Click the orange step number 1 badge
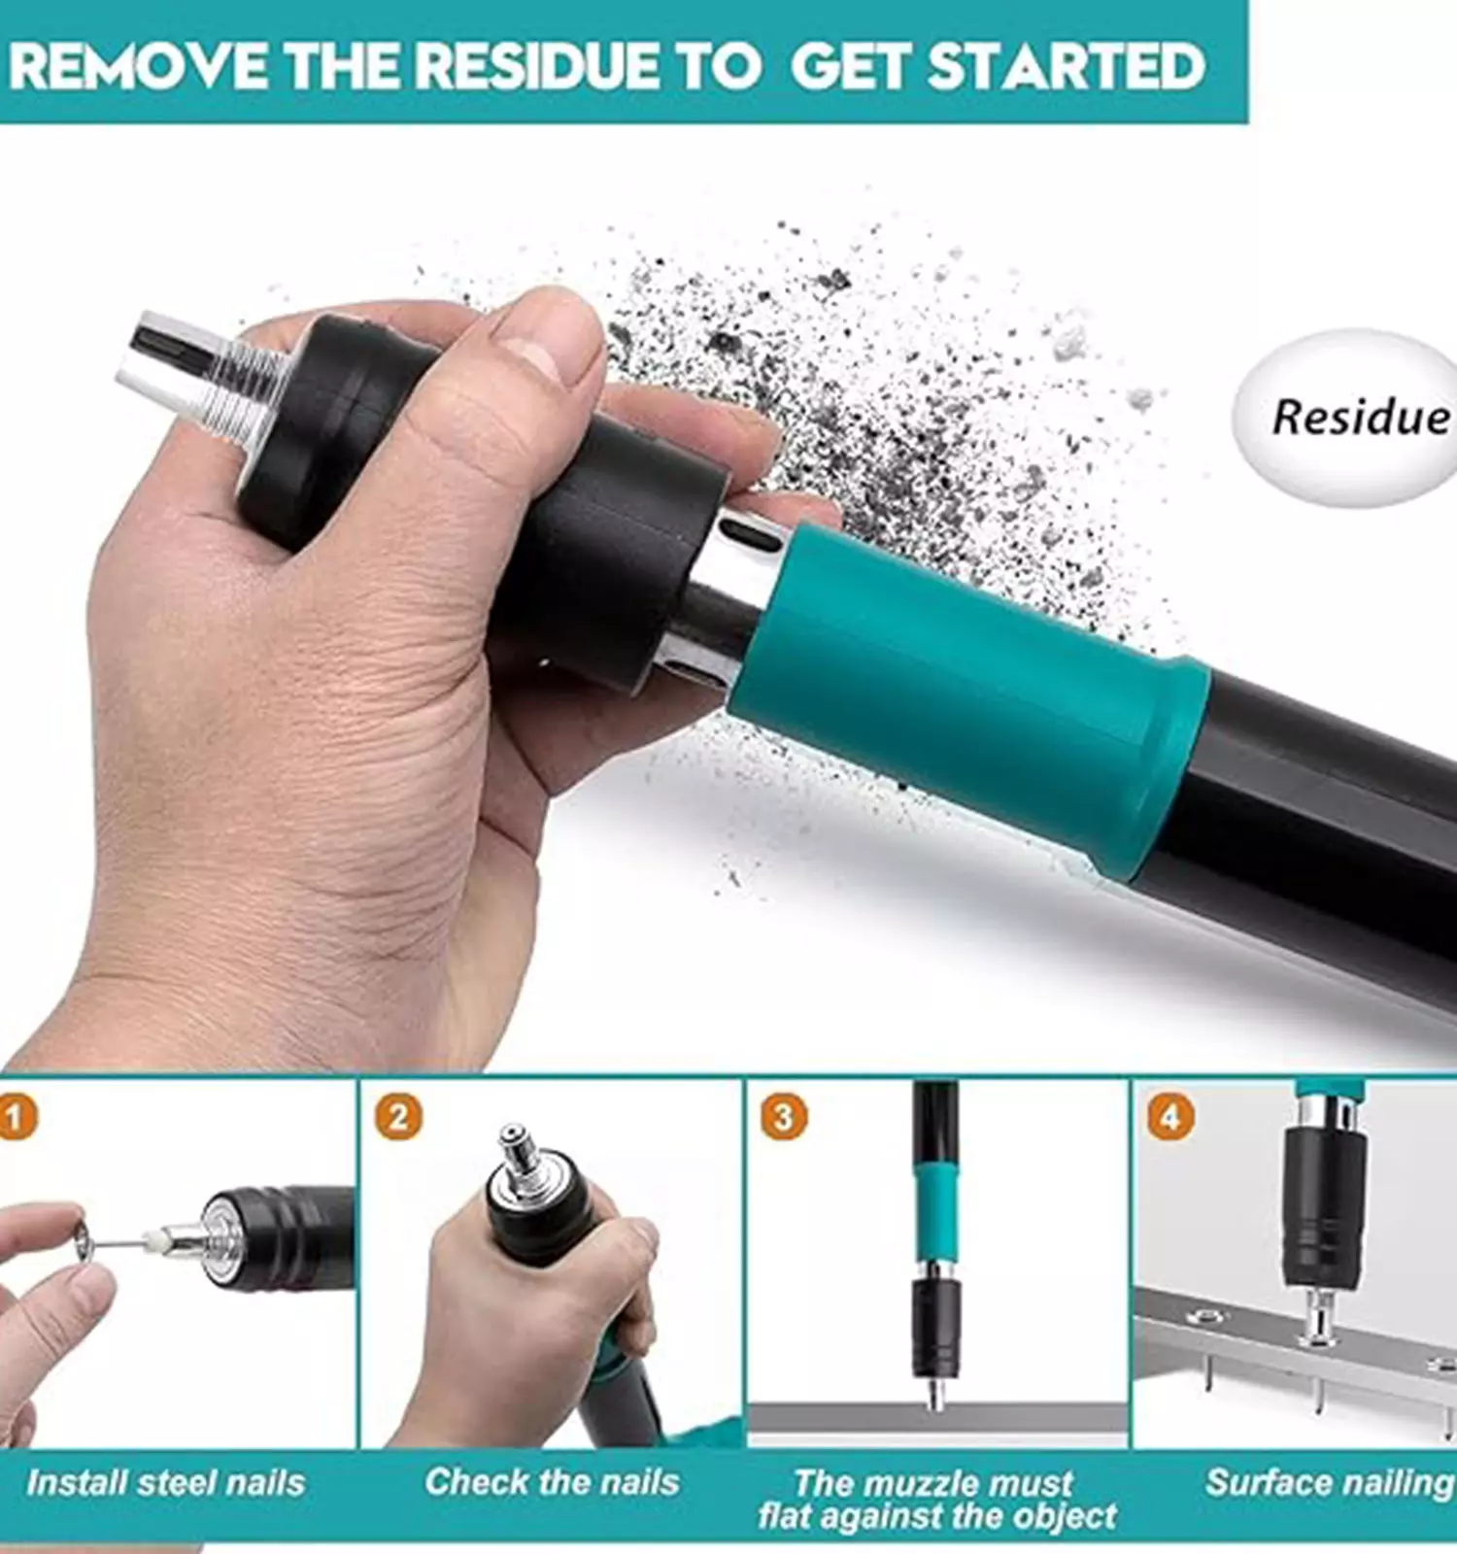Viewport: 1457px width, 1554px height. (x=16, y=1117)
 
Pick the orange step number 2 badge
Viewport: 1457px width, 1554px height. (x=398, y=1117)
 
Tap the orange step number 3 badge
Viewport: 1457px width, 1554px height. (x=783, y=1117)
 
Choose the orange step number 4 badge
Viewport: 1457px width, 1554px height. (x=1170, y=1117)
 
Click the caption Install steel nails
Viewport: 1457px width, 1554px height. (x=165, y=1483)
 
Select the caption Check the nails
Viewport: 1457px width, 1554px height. (x=552, y=1482)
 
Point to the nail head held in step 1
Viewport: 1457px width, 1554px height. (x=84, y=1243)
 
